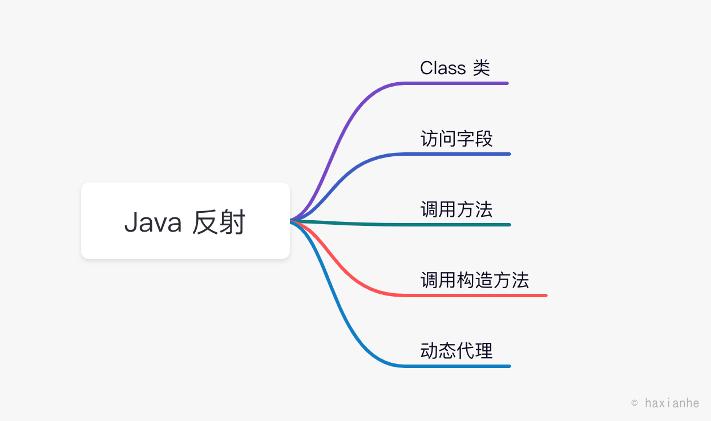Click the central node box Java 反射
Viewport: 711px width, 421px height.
click(185, 221)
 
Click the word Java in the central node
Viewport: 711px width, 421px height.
click(152, 222)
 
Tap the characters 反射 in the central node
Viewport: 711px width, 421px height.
click(219, 222)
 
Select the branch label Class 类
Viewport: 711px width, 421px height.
click(455, 68)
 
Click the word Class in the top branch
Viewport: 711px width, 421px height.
click(443, 68)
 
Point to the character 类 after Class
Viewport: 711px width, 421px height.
click(482, 68)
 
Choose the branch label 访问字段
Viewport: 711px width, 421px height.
click(457, 139)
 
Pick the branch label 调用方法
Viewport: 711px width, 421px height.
click(457, 209)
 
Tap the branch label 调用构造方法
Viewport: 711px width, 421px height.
click(475, 280)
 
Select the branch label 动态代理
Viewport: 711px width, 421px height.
click(457, 351)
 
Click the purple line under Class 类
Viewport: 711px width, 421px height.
click(457, 83)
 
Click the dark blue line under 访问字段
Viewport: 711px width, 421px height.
click(457, 154)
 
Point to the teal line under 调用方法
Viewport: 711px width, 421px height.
click(457, 225)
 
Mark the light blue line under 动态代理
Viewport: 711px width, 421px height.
click(457, 366)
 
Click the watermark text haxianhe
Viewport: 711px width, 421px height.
click(672, 403)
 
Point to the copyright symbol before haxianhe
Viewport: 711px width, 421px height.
click(635, 403)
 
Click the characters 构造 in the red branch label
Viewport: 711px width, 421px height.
click(475, 280)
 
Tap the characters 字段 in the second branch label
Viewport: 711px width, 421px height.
click(475, 139)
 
